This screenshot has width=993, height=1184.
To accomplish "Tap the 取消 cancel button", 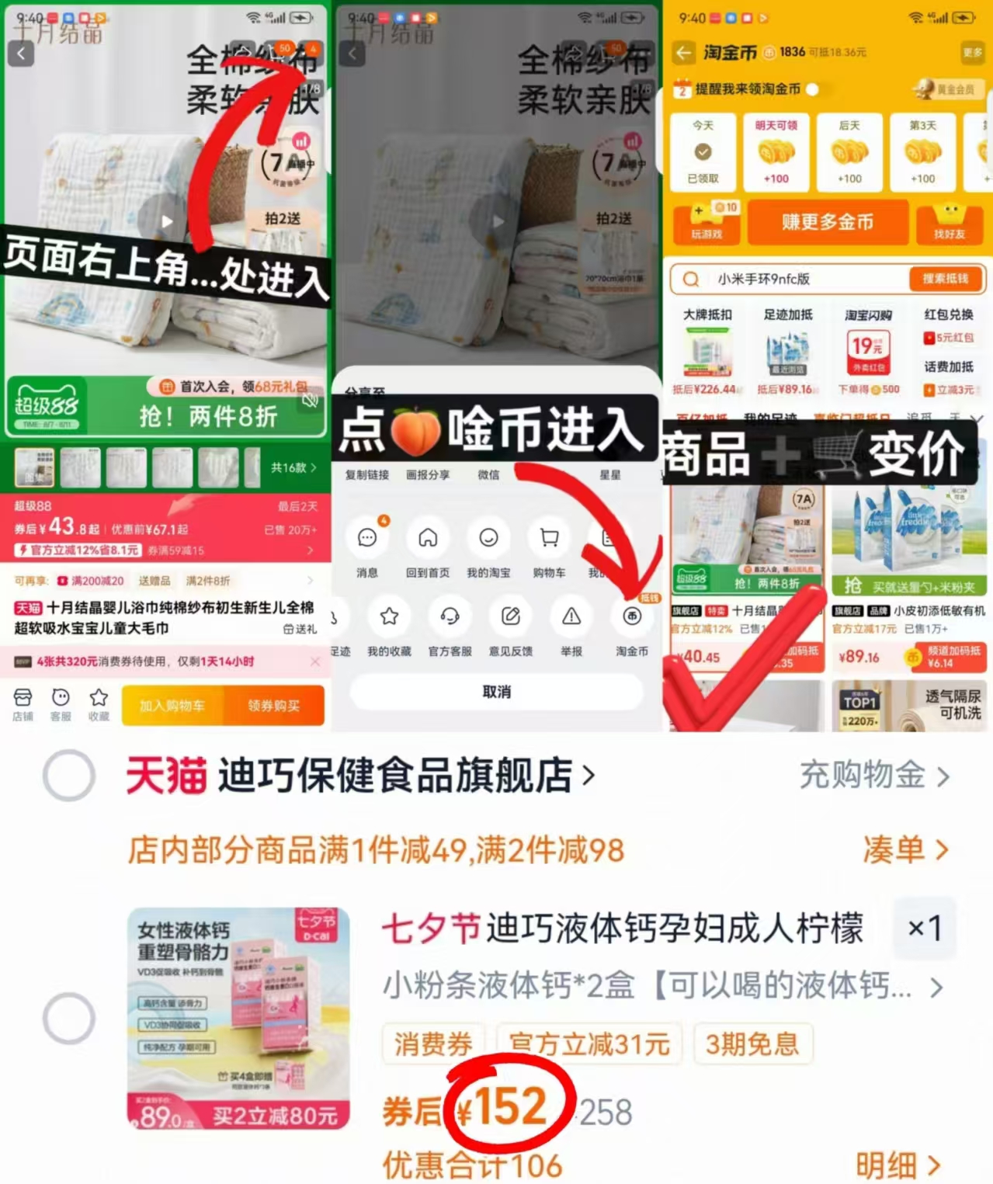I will [x=496, y=691].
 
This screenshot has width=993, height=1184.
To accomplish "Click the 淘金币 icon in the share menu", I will [x=632, y=616].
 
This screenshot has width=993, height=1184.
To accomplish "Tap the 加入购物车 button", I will [x=172, y=706].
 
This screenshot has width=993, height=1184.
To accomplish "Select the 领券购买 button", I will [x=273, y=706].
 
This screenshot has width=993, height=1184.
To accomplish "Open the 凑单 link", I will [x=904, y=850].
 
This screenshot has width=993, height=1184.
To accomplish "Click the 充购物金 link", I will [x=873, y=776].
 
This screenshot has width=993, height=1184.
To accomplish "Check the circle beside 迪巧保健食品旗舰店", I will [x=69, y=776].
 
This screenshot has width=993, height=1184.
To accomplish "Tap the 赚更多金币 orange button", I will [x=828, y=222].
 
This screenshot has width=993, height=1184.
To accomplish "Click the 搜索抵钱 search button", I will [x=945, y=279].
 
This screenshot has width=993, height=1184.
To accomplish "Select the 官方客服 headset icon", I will [x=450, y=616].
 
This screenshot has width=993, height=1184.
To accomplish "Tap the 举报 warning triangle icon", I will [x=571, y=616].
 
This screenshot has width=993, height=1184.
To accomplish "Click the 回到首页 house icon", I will [x=428, y=538].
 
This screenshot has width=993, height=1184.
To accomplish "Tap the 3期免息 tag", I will [x=752, y=1044].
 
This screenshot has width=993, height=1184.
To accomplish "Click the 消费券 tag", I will [x=432, y=1044].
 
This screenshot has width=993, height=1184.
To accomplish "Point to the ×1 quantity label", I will [x=924, y=928].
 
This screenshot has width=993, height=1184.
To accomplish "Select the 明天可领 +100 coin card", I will [x=776, y=152].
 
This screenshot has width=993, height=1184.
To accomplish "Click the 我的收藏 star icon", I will [x=389, y=616].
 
